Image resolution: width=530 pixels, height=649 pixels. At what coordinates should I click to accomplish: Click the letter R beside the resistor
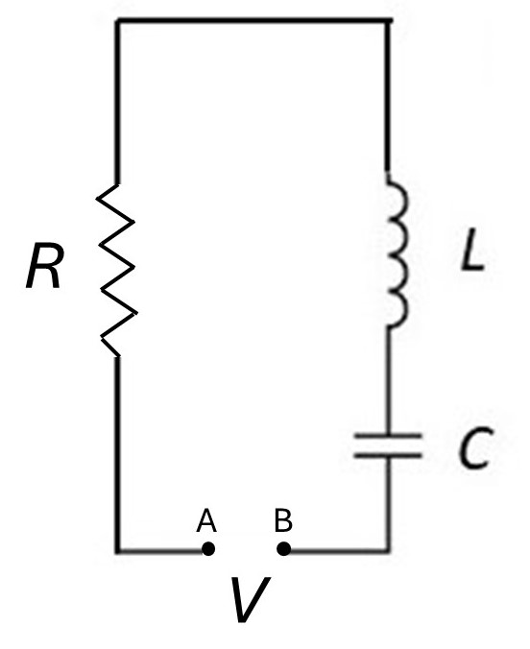click(45, 266)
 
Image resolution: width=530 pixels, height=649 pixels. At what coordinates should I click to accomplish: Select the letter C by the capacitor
click(476, 447)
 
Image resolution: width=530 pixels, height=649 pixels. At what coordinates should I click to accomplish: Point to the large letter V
click(250, 599)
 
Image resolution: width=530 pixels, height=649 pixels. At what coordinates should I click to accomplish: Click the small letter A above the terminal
click(206, 520)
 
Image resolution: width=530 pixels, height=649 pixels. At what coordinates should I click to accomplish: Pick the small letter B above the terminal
click(283, 520)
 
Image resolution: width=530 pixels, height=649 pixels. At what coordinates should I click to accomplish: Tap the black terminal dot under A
click(208, 549)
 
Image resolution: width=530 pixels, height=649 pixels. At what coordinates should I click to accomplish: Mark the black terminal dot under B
click(283, 549)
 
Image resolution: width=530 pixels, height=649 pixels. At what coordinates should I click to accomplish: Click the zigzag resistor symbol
click(117, 270)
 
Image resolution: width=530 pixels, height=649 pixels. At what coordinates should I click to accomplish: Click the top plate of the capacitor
click(388, 436)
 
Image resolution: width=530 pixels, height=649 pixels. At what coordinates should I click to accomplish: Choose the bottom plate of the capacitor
click(388, 456)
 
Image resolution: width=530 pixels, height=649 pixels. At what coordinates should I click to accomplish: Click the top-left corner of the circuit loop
click(117, 20)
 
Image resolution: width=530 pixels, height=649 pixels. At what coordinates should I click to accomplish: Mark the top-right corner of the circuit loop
click(388, 20)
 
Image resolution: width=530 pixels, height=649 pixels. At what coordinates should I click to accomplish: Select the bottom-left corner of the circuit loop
click(118, 550)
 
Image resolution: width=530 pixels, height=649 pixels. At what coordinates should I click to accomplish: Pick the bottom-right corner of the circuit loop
click(388, 550)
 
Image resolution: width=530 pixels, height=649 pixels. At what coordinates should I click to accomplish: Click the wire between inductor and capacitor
click(388, 381)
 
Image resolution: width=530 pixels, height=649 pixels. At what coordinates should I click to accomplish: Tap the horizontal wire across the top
click(253, 20)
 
